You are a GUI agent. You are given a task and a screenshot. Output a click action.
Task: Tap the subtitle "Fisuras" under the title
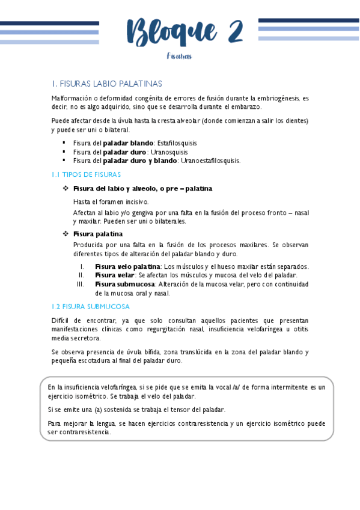click(x=179, y=56)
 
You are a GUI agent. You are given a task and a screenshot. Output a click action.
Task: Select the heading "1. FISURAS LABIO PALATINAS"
click(x=107, y=84)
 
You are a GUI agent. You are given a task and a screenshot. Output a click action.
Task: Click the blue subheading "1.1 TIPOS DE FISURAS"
click(x=86, y=174)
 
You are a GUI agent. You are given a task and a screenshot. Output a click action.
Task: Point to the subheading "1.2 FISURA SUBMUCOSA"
click(x=87, y=306)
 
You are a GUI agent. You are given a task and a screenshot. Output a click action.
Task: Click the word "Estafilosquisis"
click(x=177, y=143)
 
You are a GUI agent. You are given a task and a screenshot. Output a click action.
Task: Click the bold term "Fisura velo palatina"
click(x=127, y=266)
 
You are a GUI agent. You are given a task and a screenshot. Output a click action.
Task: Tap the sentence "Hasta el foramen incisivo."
click(x=111, y=201)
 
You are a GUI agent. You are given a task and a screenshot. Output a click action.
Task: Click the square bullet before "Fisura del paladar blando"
click(x=64, y=143)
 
